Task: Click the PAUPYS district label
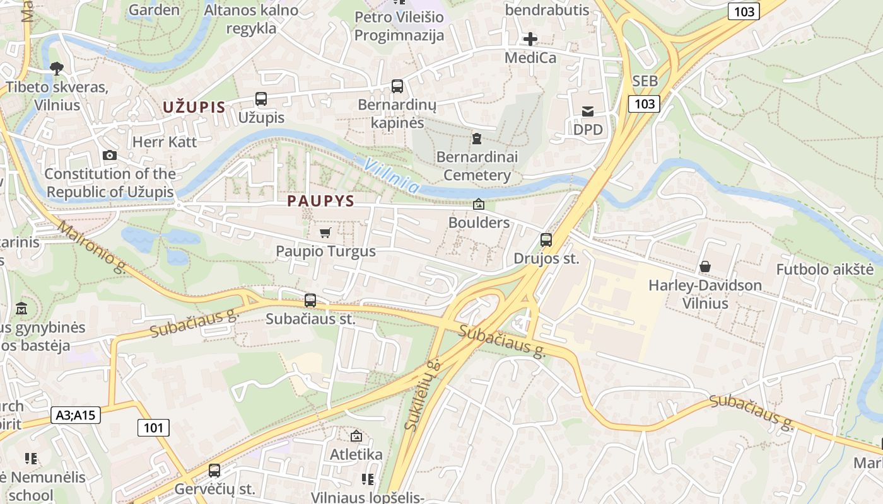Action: pos(320,201)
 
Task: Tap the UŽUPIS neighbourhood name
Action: pos(194,107)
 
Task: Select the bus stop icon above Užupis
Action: pos(261,99)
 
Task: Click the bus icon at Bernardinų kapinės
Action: pos(397,86)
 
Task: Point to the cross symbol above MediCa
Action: pos(530,40)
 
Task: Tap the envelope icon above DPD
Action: pos(588,112)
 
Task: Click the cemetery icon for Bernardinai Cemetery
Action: pos(477,138)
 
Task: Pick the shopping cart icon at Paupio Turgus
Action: pos(325,233)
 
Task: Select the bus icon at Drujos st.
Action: pos(546,240)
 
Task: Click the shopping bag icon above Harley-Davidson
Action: pos(705,267)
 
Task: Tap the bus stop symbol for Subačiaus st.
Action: pos(310,301)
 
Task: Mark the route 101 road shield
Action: pos(153,428)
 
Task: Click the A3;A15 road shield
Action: pos(76,415)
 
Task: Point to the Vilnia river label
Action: pos(392,175)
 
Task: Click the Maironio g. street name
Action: pos(91,246)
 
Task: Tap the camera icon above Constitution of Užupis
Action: pos(110,156)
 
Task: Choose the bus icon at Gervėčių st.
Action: pos(214,471)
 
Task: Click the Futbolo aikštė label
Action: pos(825,270)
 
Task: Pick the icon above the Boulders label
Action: pos(479,204)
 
